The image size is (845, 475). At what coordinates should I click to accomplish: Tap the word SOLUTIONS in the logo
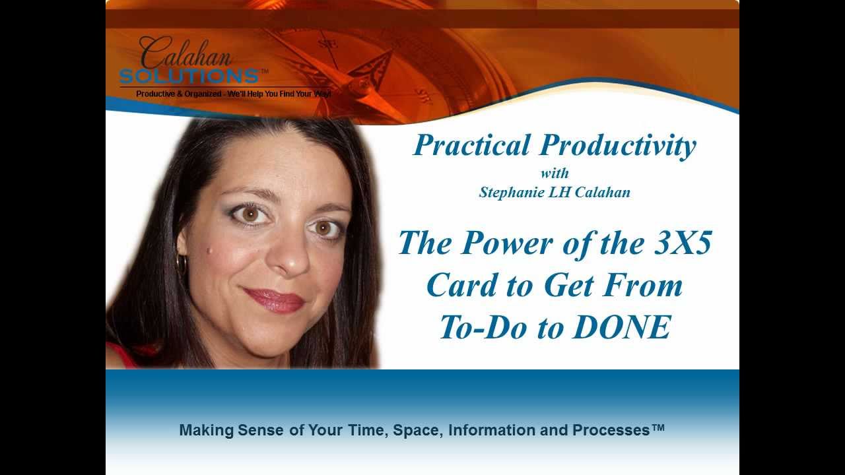pyautogui.click(x=189, y=76)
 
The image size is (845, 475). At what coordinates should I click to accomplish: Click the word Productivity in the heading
pyautogui.click(x=619, y=146)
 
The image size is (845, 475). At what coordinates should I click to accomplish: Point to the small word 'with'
pyautogui.click(x=555, y=174)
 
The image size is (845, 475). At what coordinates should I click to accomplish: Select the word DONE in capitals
pyautogui.click(x=621, y=327)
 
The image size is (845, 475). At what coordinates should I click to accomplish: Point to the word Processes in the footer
pyautogui.click(x=611, y=430)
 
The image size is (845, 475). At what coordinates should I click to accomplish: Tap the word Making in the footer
pyautogui.click(x=207, y=430)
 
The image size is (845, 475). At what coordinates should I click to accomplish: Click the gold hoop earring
pyautogui.click(x=181, y=265)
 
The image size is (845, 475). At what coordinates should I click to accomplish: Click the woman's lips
pyautogui.click(x=275, y=301)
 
